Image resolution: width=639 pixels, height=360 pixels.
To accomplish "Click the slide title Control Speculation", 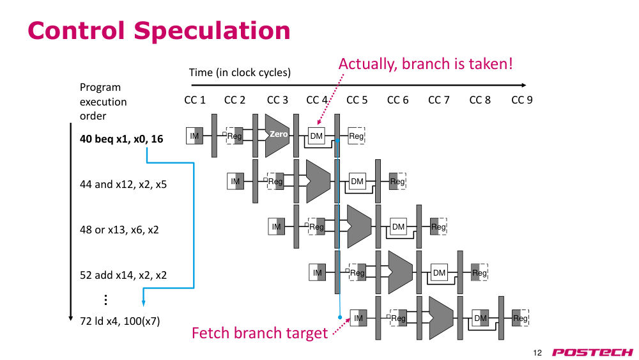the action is click(x=159, y=31).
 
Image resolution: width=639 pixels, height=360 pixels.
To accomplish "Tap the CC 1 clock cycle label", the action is click(x=195, y=100).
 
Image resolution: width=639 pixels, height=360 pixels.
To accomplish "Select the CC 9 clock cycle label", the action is click(x=522, y=100).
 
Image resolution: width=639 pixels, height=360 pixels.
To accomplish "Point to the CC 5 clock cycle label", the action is click(x=357, y=100).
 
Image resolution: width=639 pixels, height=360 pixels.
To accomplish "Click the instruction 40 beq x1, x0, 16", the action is click(x=121, y=139).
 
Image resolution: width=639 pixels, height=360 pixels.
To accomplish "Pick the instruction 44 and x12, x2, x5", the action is click(x=123, y=184).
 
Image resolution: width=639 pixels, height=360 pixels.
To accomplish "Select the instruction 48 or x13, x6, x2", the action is click(x=119, y=230).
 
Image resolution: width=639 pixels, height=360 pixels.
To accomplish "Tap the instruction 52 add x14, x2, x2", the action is click(x=123, y=275).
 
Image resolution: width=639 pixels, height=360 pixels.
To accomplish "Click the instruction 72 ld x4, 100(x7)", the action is click(x=120, y=321).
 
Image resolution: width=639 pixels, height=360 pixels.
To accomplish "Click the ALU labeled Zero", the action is click(x=277, y=136).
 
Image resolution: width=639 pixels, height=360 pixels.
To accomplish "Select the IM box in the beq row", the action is click(x=194, y=136).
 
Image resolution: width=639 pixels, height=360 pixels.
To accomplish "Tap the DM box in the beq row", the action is click(x=316, y=136).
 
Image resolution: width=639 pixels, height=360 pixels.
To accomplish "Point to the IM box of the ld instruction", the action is click(x=358, y=318).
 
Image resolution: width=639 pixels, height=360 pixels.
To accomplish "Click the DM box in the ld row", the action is click(x=481, y=318).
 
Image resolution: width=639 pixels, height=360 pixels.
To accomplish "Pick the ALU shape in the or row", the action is click(x=359, y=227).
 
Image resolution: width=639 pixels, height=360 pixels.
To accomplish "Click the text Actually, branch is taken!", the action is click(x=426, y=64).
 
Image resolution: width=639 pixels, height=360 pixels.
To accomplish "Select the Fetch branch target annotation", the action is click(x=259, y=333).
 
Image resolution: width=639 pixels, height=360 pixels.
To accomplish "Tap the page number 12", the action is click(x=537, y=353).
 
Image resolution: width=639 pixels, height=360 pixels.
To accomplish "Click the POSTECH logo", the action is click(x=592, y=352).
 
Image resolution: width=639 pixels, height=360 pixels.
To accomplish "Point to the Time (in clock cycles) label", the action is click(x=240, y=72).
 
